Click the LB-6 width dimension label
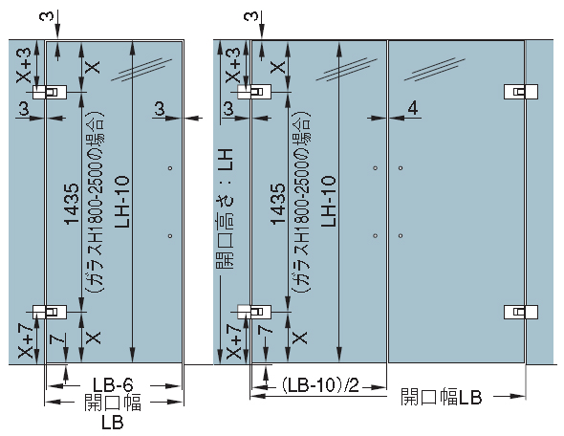[113, 385]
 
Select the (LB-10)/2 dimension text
[320, 386]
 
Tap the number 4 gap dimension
[413, 107]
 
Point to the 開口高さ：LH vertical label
[226, 209]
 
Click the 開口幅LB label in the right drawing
[442, 397]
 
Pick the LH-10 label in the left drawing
[122, 202]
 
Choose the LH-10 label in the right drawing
[328, 201]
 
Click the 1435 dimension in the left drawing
[72, 204]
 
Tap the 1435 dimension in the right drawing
[277, 204]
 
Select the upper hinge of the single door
[50, 92]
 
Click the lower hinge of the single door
[50, 312]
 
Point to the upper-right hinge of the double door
[521, 92]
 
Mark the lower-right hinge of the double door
[521, 312]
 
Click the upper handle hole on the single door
[170, 168]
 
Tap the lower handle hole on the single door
[170, 236]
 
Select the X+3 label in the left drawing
[24, 65]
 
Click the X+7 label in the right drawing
[234, 341]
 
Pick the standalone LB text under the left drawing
[113, 422]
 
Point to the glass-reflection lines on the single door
[141, 69]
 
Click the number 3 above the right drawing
[251, 16]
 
